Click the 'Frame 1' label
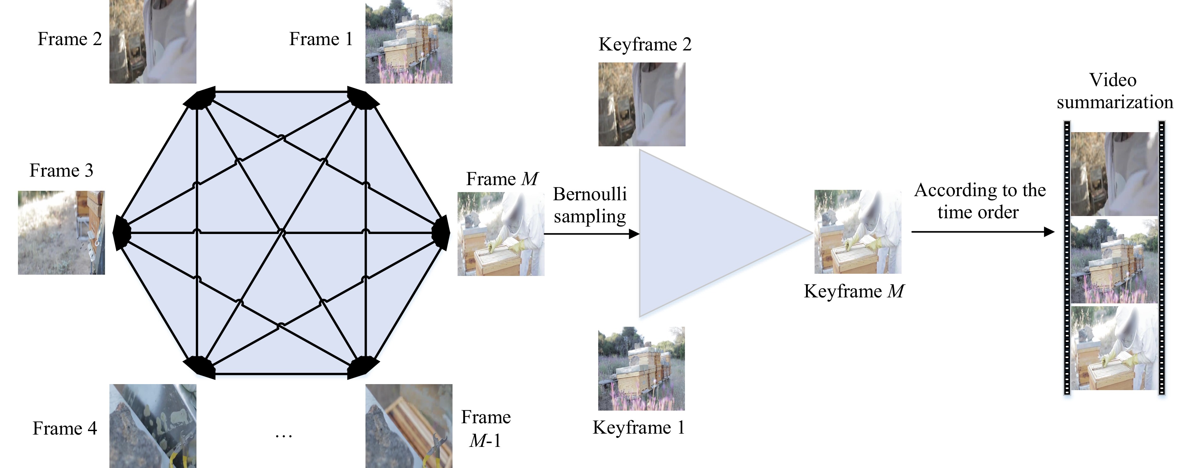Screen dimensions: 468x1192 coord(321,39)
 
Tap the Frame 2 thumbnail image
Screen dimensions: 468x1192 coord(153,41)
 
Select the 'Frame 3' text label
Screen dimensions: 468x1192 coord(61,170)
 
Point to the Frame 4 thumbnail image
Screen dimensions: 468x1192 coord(153,426)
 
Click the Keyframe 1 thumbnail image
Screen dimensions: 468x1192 coord(641,368)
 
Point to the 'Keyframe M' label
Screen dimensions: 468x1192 coord(854,291)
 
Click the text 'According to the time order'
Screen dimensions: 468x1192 coord(979,201)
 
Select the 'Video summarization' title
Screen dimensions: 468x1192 coord(1114,91)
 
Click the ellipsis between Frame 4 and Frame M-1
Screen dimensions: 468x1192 coord(283,435)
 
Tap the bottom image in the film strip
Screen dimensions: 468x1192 coord(1114,348)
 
